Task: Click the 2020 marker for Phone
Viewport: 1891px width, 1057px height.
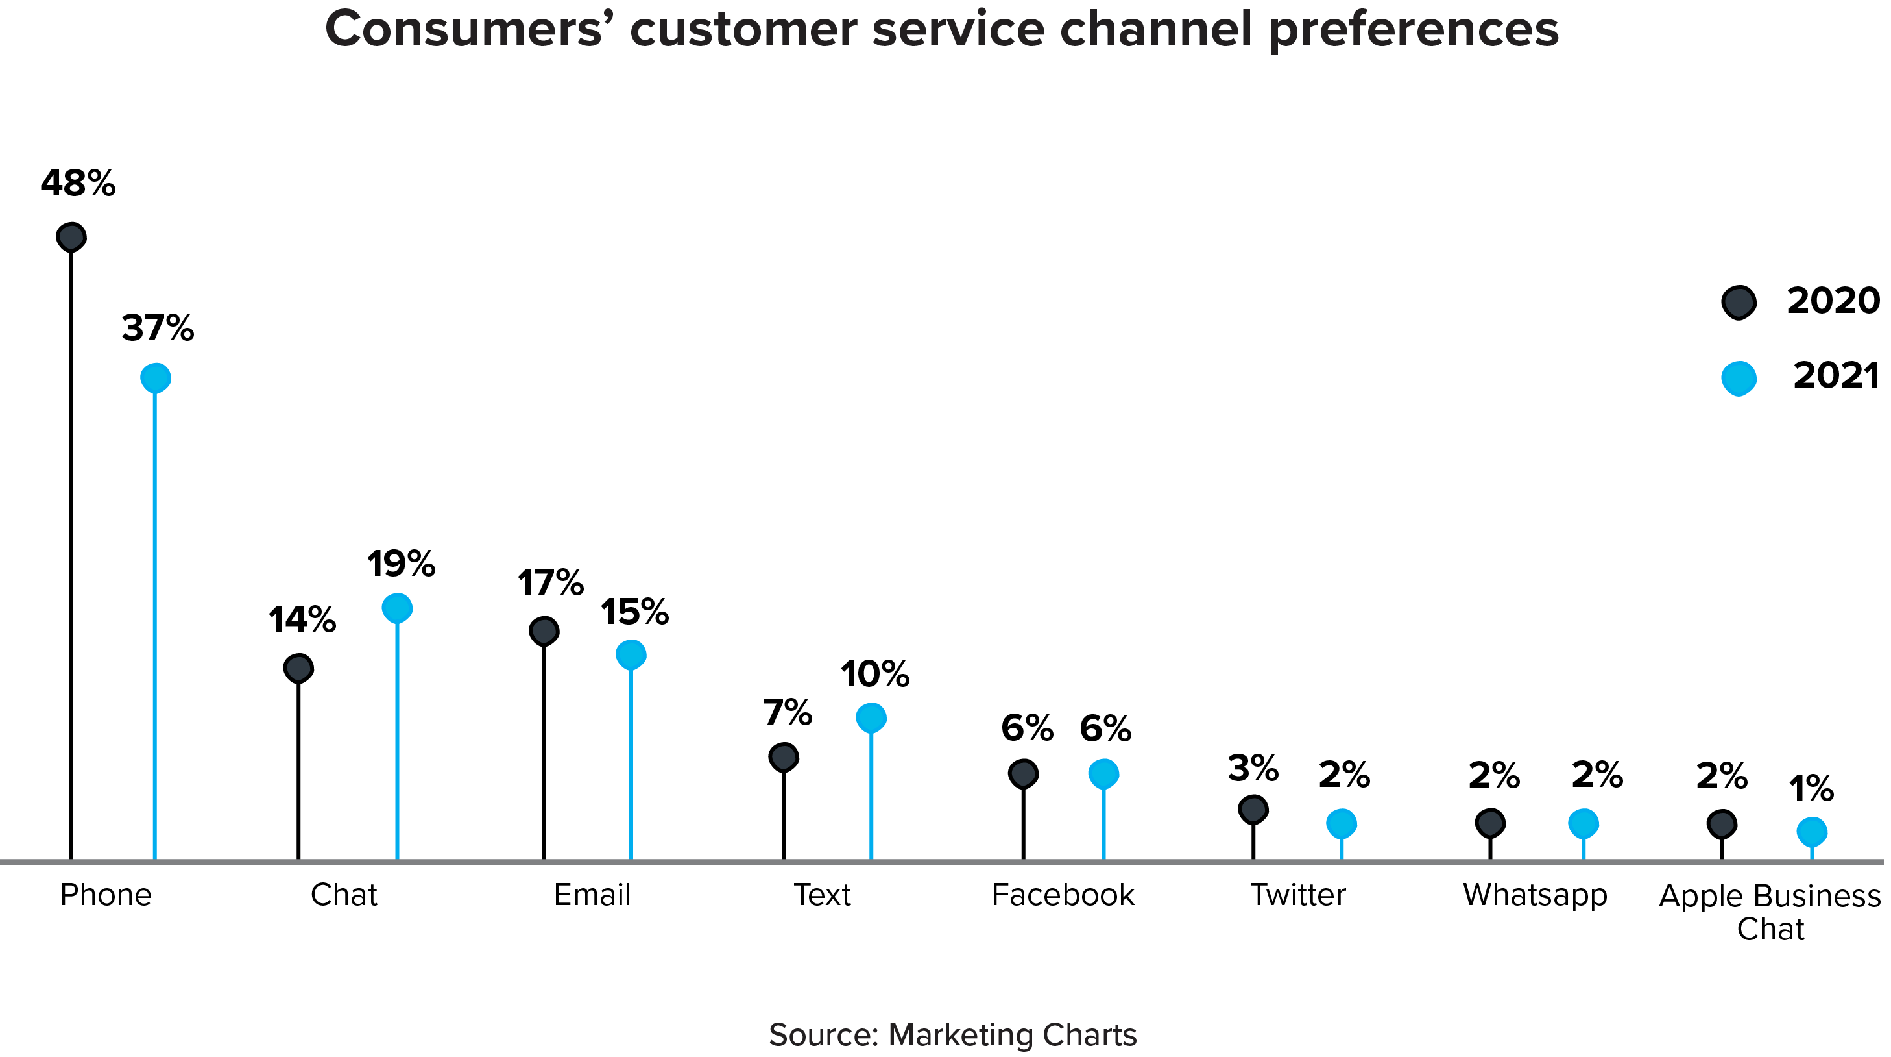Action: pos(71,237)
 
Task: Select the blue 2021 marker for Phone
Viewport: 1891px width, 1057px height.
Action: pos(156,379)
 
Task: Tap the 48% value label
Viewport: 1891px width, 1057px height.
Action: pos(78,184)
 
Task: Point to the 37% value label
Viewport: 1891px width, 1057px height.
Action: pos(158,329)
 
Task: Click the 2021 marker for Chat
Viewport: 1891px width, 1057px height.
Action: pos(397,608)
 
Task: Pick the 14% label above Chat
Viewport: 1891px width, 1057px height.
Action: pos(302,620)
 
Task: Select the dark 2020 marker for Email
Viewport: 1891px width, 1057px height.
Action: pos(544,631)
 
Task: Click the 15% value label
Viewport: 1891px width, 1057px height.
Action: pos(634,612)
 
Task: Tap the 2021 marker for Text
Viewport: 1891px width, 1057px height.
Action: pos(871,717)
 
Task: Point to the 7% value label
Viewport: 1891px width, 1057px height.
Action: pos(787,712)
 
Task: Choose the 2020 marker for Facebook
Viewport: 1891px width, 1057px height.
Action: pos(1023,773)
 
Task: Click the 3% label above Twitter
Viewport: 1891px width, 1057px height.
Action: pos(1253,769)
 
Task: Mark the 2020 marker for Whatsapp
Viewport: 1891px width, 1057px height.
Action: pos(1490,823)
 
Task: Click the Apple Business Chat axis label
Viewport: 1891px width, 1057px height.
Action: pos(1770,912)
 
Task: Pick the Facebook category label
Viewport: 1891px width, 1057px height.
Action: pos(1063,895)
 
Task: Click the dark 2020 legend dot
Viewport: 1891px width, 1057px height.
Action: pos(1739,302)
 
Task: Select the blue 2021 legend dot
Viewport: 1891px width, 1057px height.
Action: pos(1739,379)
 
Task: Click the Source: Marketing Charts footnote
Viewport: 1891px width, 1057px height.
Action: pos(953,1035)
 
